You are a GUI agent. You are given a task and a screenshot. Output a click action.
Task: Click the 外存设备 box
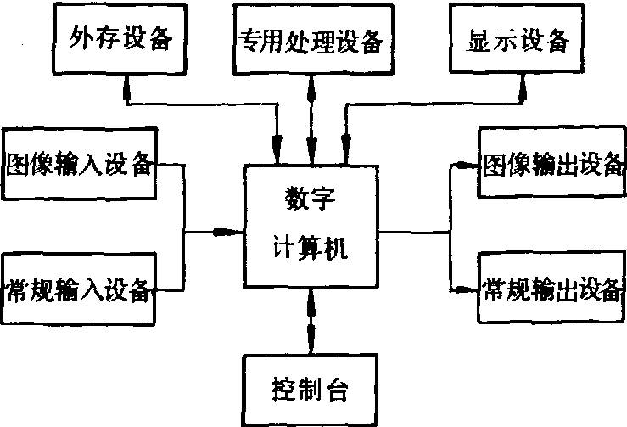coord(120,39)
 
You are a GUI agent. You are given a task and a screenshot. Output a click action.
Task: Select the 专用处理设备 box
coord(313,39)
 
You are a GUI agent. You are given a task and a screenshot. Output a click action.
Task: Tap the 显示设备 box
coord(517,38)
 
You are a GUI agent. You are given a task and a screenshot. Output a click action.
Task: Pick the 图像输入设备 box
coord(79,163)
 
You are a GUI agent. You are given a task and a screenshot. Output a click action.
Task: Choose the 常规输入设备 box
coord(78,289)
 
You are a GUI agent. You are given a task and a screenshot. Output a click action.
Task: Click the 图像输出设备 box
coord(551,162)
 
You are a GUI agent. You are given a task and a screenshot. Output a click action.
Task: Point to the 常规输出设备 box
coord(551,287)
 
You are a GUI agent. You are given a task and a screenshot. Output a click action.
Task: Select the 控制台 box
coord(311,390)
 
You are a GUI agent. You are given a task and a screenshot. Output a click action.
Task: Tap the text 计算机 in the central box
coord(310,247)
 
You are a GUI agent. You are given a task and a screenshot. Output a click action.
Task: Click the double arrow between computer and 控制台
coord(311,321)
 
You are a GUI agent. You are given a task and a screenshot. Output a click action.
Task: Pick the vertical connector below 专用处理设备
coord(311,120)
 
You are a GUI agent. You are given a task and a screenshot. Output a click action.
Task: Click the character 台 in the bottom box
coord(338,390)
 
